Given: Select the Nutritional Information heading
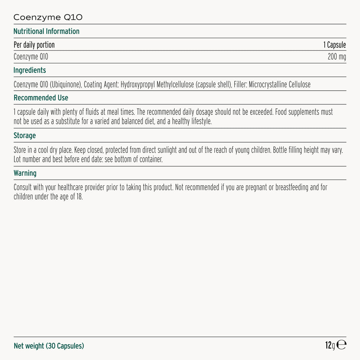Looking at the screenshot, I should pos(46,31).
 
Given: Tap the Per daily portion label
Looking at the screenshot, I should pos(34,45).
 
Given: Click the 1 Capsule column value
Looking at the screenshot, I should pos(334,45).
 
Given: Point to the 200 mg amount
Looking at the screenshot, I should pos(337,57).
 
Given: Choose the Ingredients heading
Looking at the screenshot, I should pos(30,70).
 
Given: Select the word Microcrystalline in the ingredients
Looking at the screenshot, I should pos(266,85).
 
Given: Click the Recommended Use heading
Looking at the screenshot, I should pos(41,98).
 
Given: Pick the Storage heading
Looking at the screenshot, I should pos(24,136).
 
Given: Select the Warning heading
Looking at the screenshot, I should pos(25,173).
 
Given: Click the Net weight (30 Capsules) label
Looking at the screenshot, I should pos(49,346).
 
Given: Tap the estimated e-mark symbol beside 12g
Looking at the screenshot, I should pos(342,345).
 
